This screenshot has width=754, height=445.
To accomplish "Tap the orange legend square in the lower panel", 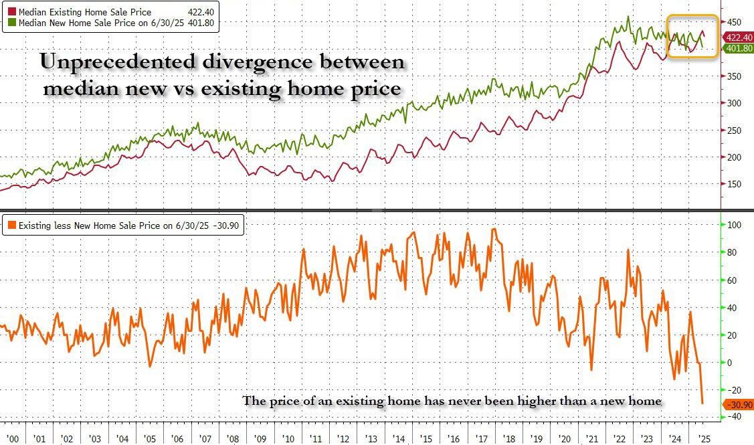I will coord(12,226).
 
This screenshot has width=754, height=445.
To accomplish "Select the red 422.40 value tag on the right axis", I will coord(739,37).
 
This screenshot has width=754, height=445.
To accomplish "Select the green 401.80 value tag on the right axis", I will coord(739,48).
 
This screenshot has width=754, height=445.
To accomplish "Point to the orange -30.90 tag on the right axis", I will coord(739,405).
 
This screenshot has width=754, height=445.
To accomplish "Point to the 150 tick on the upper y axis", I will coord(734,184).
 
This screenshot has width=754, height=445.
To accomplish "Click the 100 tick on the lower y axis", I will coord(734,225).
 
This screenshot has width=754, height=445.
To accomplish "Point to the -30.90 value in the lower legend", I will coord(228,226).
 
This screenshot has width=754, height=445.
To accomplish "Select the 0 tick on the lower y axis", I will coord(731,362).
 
